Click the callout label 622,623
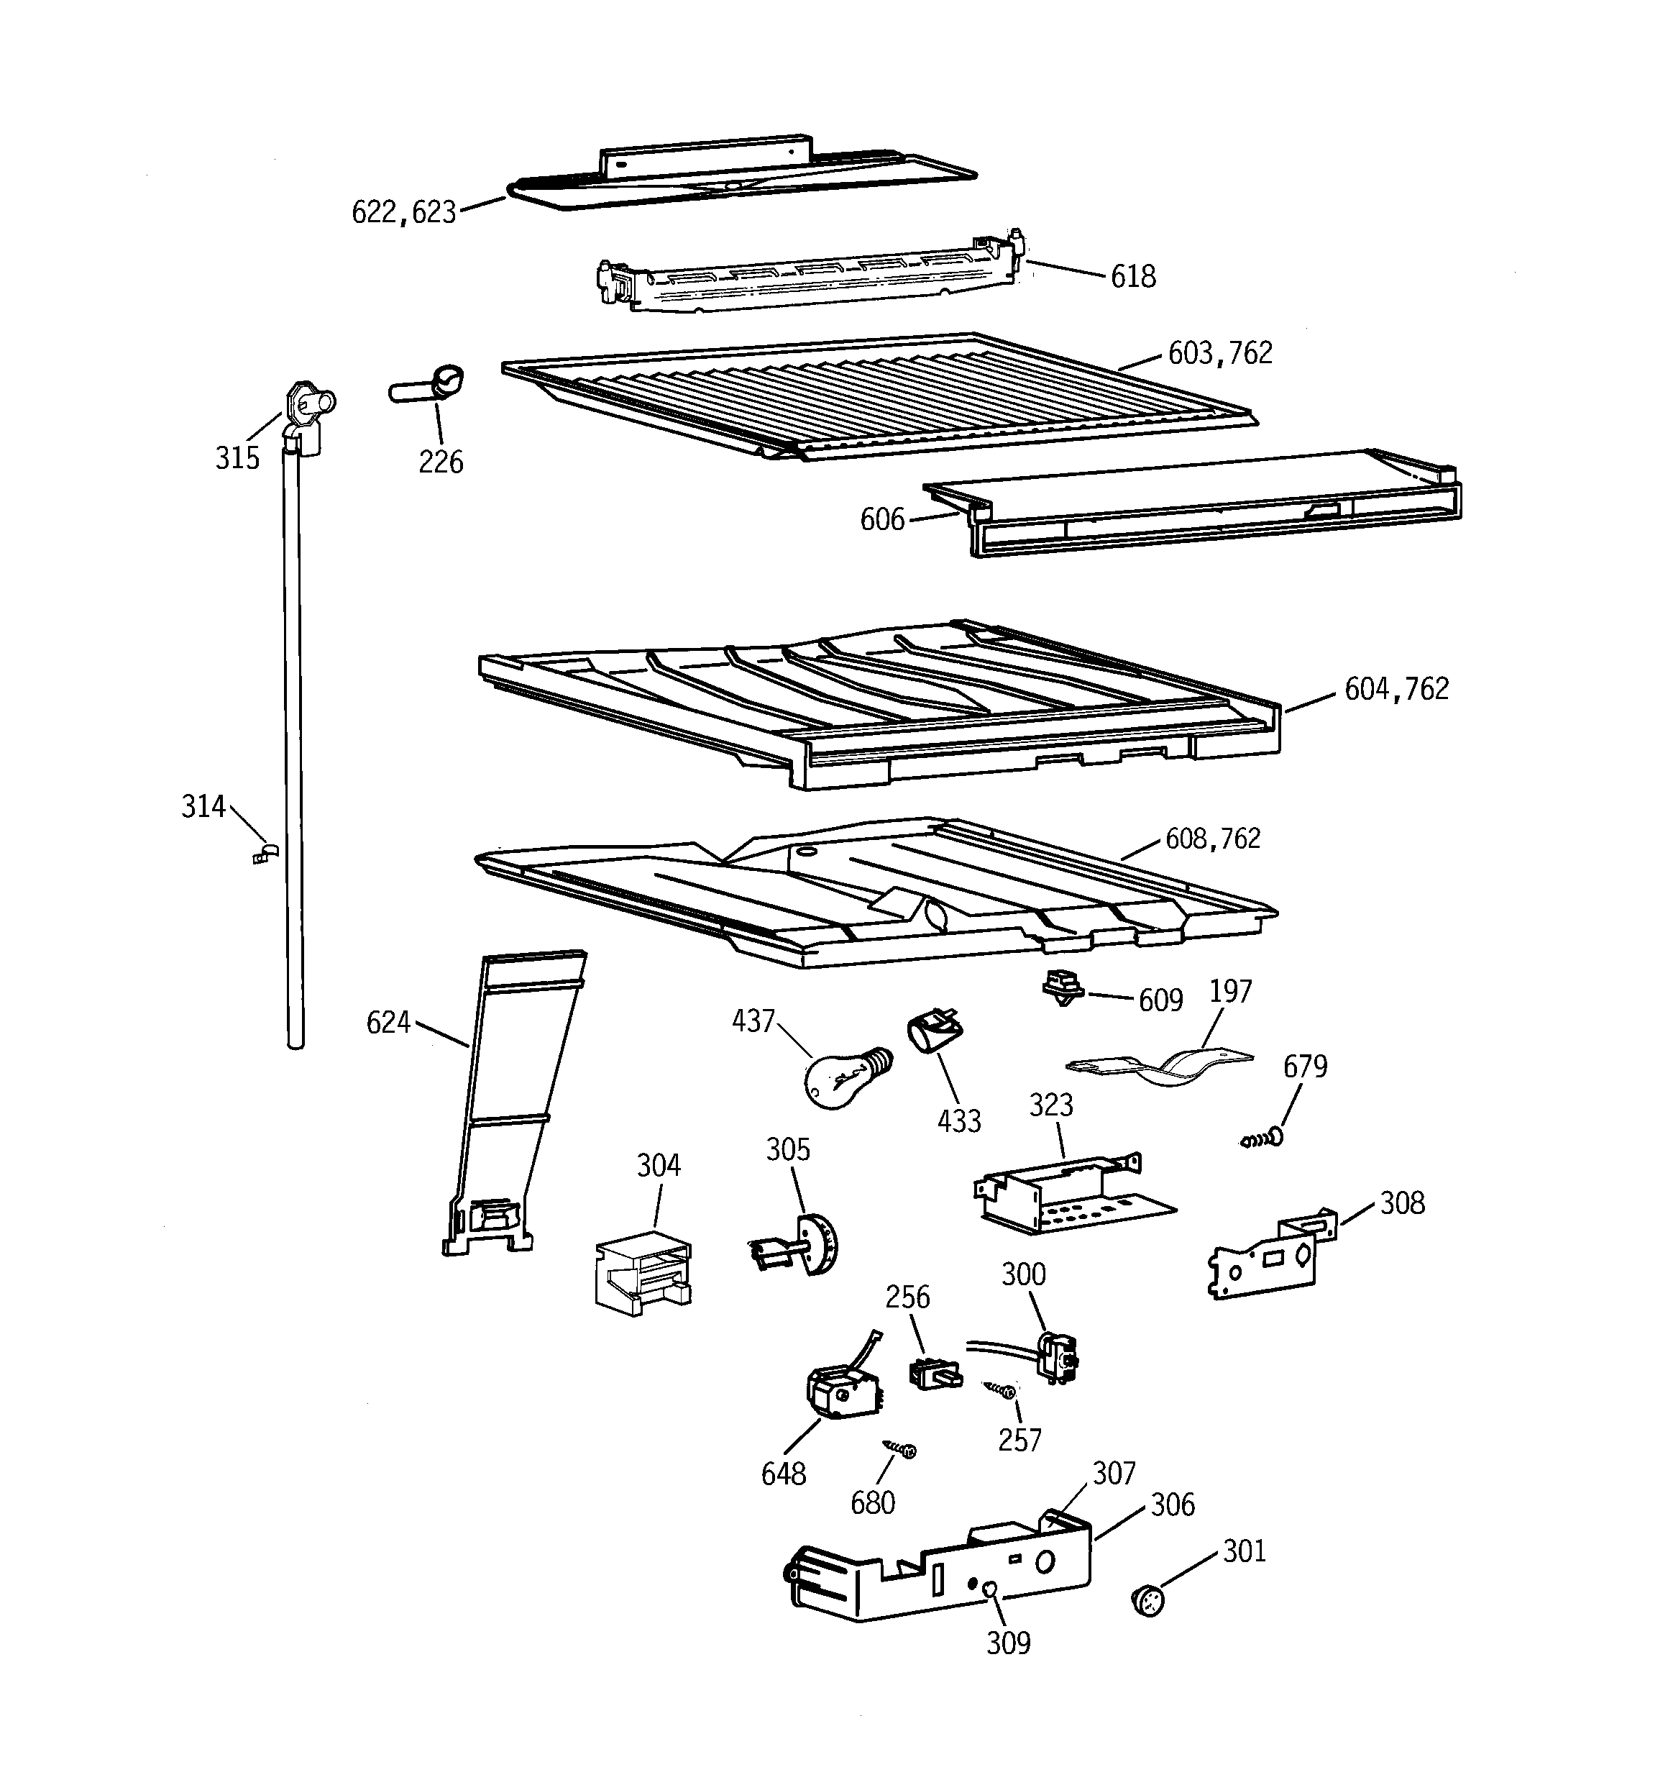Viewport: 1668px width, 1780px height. tap(404, 212)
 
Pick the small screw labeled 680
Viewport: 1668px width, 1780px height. tap(901, 1448)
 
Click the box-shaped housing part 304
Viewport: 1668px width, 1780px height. tap(643, 1272)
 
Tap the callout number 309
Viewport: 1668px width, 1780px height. tap(1008, 1643)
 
